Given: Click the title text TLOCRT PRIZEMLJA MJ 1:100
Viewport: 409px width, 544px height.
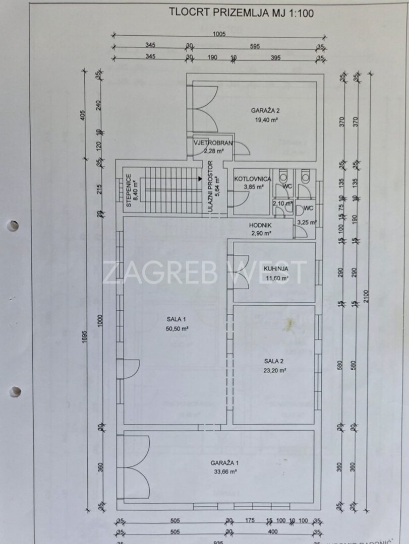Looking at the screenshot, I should (241, 13).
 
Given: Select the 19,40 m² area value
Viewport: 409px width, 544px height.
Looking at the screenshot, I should (265, 120).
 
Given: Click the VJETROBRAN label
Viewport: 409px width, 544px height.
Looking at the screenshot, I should (213, 143).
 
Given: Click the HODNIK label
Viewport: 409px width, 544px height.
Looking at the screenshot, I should (260, 226).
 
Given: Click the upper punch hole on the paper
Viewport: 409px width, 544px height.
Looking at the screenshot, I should (14, 226).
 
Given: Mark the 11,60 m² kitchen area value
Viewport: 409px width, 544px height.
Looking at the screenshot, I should (278, 278).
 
